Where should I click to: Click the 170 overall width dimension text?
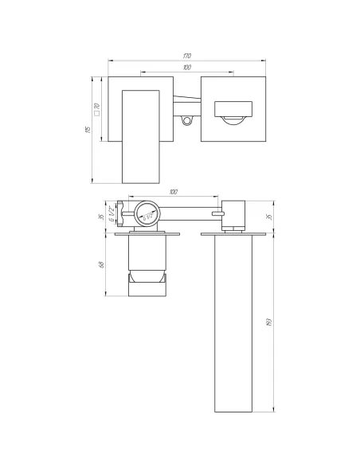(186, 55)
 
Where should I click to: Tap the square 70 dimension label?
(96, 110)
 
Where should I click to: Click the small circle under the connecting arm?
(187, 121)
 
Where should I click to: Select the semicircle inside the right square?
(232, 120)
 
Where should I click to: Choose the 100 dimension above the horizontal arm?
(174, 192)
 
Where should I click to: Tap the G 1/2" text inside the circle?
(147, 213)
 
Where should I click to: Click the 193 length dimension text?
(271, 323)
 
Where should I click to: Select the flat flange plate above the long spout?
(234, 234)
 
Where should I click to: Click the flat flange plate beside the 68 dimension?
(148, 234)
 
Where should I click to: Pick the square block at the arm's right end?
(234, 213)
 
